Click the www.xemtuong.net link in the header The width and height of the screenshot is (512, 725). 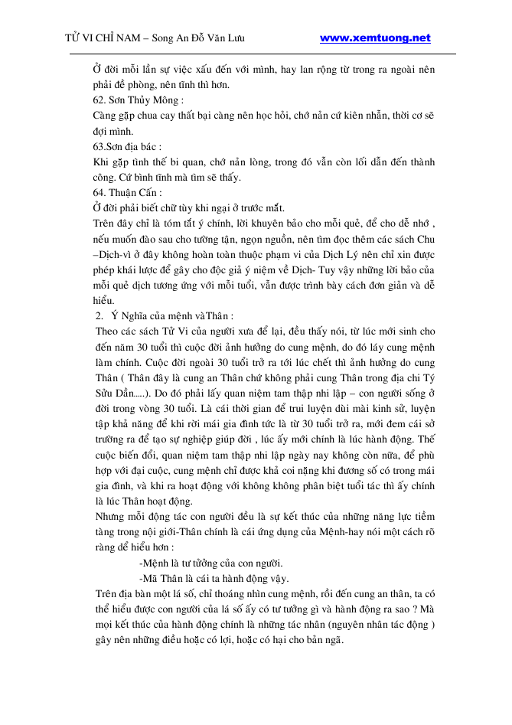(x=375, y=38)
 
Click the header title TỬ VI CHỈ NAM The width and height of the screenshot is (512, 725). (x=106, y=38)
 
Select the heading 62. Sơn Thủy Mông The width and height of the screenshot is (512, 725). (x=138, y=100)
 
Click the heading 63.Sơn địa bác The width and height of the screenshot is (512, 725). (x=127, y=146)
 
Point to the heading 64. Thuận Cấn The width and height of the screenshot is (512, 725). (x=127, y=192)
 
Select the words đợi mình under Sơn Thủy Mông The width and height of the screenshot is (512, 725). (x=112, y=131)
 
